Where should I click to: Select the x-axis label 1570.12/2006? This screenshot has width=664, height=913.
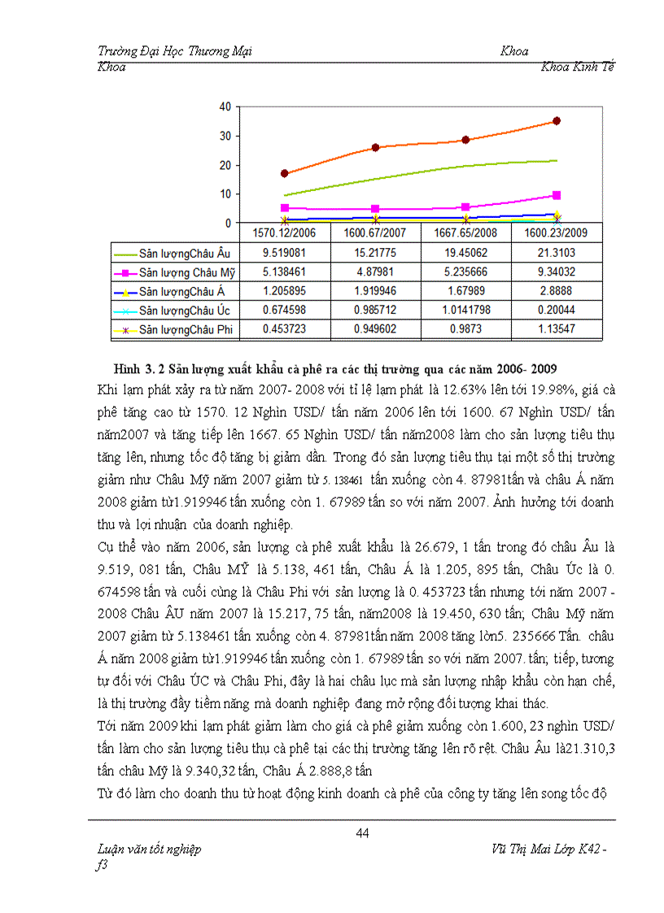pyautogui.click(x=285, y=233)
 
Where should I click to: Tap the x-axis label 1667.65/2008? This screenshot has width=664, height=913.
pyautogui.click(x=466, y=233)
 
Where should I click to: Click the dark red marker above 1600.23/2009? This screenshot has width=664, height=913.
pyautogui.click(x=557, y=121)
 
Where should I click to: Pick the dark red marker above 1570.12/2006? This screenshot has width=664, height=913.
pyautogui.click(x=284, y=173)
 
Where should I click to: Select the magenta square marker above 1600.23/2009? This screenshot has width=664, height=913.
pyautogui.click(x=557, y=195)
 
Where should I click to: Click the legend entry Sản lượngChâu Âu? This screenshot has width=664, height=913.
pyautogui.click(x=184, y=253)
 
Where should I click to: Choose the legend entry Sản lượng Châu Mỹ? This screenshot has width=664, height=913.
pyautogui.click(x=186, y=272)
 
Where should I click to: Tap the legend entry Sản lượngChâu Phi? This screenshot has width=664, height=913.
pyautogui.click(x=185, y=329)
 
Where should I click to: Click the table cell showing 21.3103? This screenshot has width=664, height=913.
pyautogui.click(x=557, y=253)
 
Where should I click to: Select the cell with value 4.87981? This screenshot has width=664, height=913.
pyautogui.click(x=375, y=272)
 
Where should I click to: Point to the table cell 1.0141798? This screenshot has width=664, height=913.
pyautogui.click(x=466, y=310)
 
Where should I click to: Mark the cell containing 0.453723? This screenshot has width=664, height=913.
pyautogui.click(x=285, y=329)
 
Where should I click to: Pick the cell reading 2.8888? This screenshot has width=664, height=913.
pyautogui.click(x=557, y=291)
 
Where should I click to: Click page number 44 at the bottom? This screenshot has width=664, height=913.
pyautogui.click(x=363, y=832)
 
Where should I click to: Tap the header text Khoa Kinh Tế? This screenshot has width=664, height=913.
pyautogui.click(x=577, y=67)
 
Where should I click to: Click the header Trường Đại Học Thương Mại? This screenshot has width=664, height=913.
pyautogui.click(x=174, y=51)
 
